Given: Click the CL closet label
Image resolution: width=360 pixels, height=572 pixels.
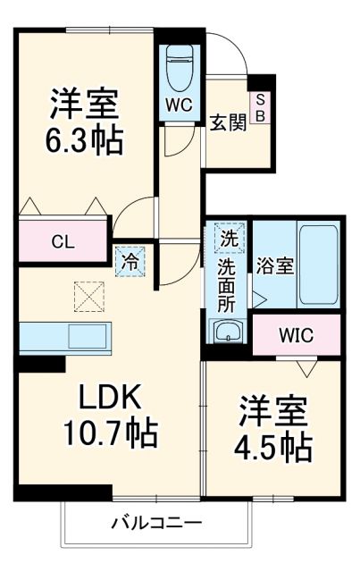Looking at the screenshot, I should pyautogui.click(x=62, y=241).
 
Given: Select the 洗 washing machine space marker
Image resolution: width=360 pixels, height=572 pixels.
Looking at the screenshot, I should pyautogui.click(x=230, y=239).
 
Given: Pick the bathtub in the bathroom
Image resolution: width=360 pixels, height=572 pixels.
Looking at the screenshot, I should pyautogui.click(x=316, y=265).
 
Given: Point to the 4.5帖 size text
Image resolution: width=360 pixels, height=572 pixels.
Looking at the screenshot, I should pyautogui.click(x=274, y=444).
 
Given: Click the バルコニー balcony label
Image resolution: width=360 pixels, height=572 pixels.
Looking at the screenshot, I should pyautogui.click(x=156, y=522).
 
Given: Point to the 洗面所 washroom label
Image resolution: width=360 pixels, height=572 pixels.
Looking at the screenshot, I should pyautogui.click(x=229, y=283).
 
